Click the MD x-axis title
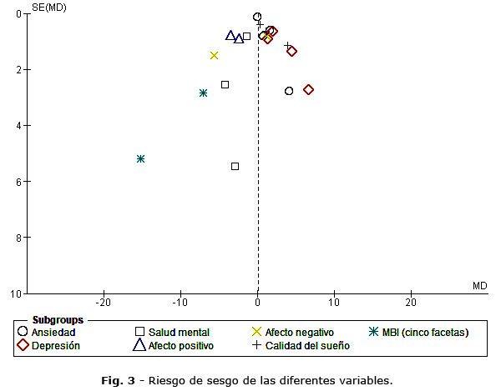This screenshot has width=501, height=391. coord(479,286)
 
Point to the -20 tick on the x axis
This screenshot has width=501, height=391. coord(104,301)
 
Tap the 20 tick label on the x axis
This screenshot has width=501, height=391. coord(411,301)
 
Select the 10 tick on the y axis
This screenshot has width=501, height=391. coord(18,293)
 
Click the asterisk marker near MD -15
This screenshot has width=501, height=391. coord(140,158)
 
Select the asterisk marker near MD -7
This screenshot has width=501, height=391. coord(203,93)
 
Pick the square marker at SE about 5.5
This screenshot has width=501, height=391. coord(235,166)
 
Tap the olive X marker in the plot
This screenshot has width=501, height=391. coord(214,55)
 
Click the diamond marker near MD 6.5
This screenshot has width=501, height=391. coord(308,89)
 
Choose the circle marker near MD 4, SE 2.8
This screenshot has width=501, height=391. coord(289,91)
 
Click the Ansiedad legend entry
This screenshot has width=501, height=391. coord(52,333)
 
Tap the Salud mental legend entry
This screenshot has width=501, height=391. coord(172,333)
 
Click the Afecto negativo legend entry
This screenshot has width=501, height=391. coord(292,333)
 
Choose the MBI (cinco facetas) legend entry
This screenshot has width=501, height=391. coord(423,333)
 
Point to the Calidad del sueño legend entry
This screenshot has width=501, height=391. coord(301,346)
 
